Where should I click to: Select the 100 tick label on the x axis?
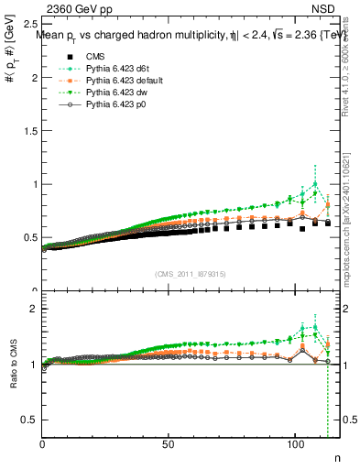pyautogui.click(x=293, y=444)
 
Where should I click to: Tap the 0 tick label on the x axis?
pyautogui.click(x=43, y=444)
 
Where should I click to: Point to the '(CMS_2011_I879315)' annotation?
pyautogui.click(x=192, y=273)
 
